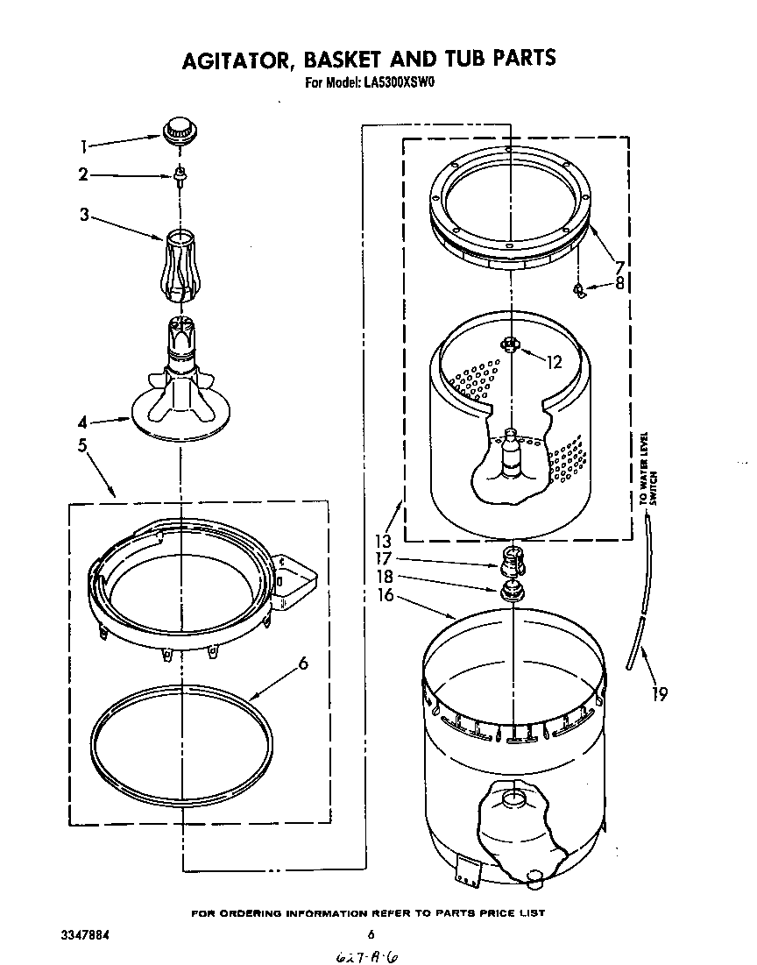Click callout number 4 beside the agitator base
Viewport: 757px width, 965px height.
pos(83,422)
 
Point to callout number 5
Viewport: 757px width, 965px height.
pos(82,445)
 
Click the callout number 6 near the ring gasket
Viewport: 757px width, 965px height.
pos(303,663)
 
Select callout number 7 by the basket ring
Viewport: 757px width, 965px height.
pos(619,266)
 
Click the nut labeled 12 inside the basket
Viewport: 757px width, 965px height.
pos(510,345)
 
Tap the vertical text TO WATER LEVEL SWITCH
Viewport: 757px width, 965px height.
pos(646,469)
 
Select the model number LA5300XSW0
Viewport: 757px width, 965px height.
pos(400,84)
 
